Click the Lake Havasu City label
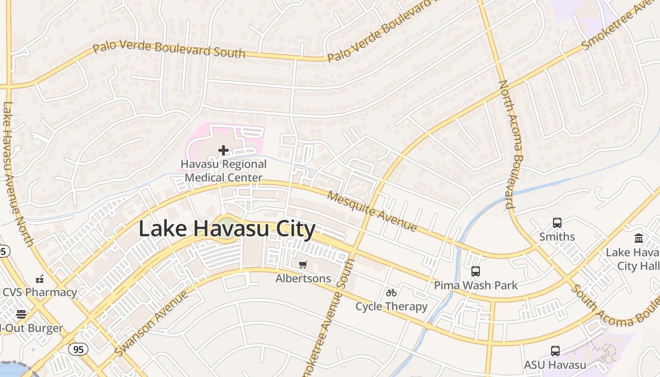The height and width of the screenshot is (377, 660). point(227,229)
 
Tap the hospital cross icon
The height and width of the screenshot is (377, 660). point(223,150)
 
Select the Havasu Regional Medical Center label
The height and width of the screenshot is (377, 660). point(224,171)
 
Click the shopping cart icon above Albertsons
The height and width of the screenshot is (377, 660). point(303,265)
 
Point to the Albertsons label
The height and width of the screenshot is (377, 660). point(303,279)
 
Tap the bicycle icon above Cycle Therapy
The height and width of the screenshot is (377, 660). point(391,293)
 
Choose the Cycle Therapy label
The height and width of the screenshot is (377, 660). point(391,306)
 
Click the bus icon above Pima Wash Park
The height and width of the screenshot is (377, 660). point(476,271)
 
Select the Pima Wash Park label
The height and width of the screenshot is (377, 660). point(476,285)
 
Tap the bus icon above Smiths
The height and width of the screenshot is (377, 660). point(557,223)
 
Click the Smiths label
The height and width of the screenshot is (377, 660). point(557,237)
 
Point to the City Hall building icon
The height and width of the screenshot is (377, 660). point(639,238)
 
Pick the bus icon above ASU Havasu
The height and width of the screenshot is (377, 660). point(555,351)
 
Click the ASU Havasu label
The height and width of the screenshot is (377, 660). point(555,365)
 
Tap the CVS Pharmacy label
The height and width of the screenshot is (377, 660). point(40,292)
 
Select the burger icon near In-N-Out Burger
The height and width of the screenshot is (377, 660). point(21,314)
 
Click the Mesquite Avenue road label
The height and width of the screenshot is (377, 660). point(372,211)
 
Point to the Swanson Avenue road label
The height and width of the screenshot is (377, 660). point(151,324)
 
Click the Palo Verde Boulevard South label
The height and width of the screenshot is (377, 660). point(169,49)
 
